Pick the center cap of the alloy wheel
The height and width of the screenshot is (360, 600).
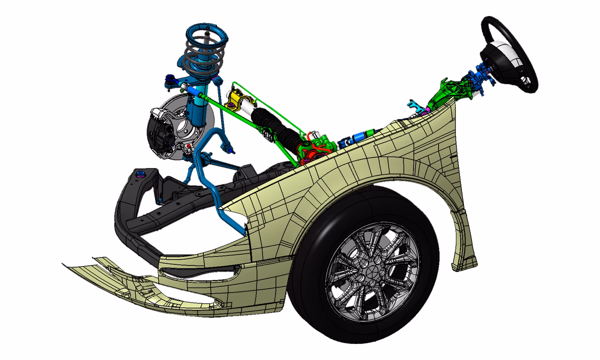point(372,272)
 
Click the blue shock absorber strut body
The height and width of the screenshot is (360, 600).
point(198,107)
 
